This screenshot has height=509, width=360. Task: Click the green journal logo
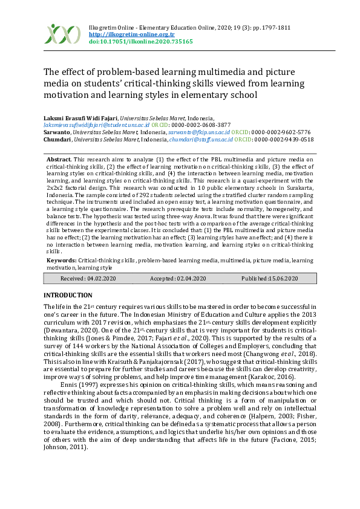click(62, 33)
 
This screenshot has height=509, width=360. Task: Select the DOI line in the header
click(140, 42)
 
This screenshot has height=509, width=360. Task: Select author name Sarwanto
click(57, 132)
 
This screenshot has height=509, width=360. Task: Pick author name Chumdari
click(57, 139)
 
